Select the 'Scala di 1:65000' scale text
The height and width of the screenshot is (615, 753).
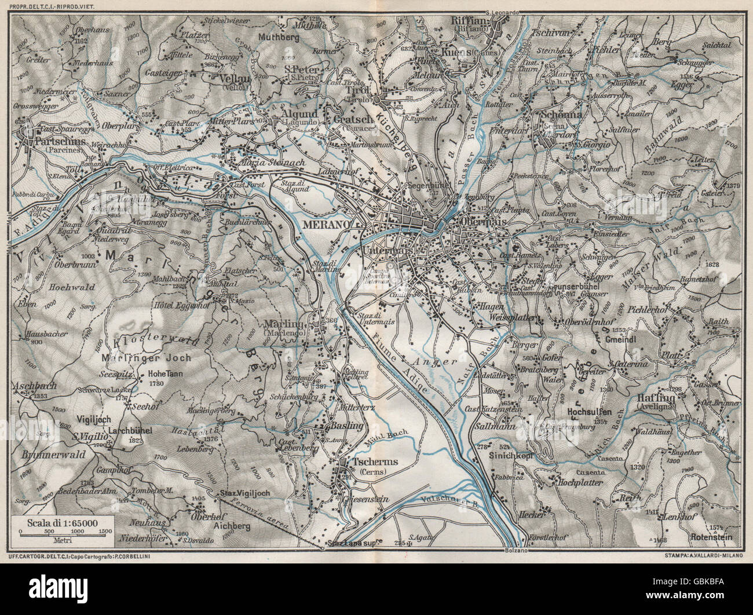pyautogui.click(x=61, y=523)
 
